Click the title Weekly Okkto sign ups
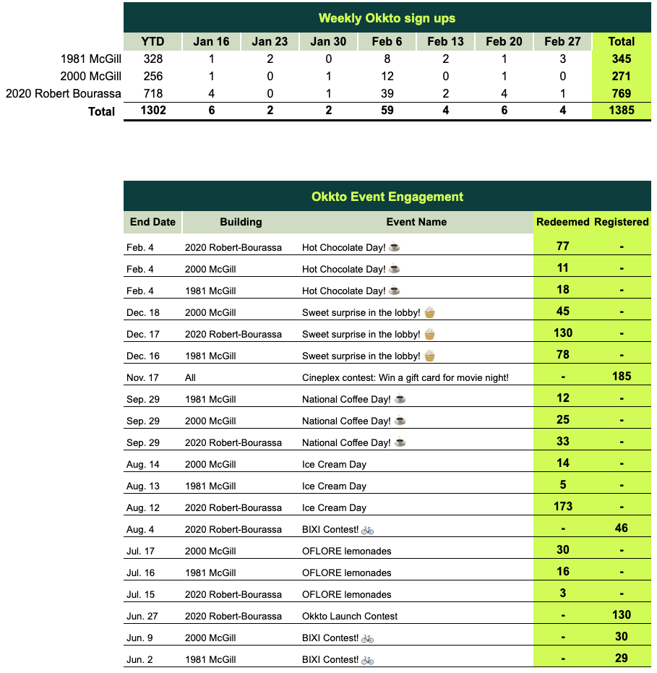(x=387, y=18)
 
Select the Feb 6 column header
(x=387, y=41)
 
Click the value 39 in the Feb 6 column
(x=387, y=93)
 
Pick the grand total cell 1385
(x=621, y=111)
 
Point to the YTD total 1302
(x=153, y=111)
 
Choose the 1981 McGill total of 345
(x=621, y=59)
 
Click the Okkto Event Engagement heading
(x=387, y=197)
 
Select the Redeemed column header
(x=562, y=222)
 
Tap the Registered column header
(x=621, y=222)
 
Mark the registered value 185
(x=621, y=376)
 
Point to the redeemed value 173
(x=562, y=506)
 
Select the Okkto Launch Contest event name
(x=350, y=616)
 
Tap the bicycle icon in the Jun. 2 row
(x=368, y=659)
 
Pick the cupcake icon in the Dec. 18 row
(x=429, y=312)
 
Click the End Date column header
(x=153, y=222)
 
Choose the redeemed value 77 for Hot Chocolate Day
(x=562, y=246)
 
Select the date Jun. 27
(x=142, y=616)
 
